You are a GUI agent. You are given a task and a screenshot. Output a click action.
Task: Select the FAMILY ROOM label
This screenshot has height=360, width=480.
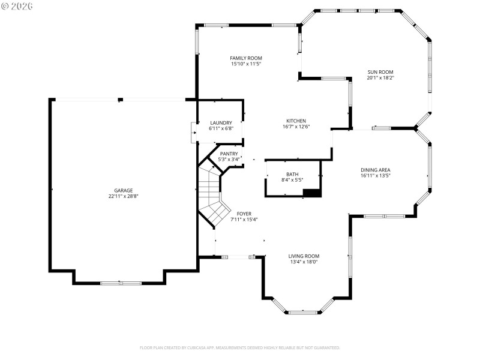(x=246, y=58)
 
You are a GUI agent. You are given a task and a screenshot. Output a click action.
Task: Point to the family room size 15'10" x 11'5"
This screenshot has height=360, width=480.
(x=246, y=64)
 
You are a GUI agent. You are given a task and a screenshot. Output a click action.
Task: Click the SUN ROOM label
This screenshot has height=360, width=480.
(x=380, y=71)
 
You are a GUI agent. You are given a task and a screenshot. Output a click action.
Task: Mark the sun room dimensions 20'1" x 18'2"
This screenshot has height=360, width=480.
(x=380, y=77)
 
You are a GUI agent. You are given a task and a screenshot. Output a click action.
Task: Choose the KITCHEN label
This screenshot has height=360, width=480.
(x=296, y=121)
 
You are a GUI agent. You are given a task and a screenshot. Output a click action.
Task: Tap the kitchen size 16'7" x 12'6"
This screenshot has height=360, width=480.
(x=296, y=127)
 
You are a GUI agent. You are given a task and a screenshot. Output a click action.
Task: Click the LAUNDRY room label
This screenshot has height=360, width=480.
(x=221, y=122)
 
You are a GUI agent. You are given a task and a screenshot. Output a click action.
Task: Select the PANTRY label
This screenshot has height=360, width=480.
(x=229, y=154)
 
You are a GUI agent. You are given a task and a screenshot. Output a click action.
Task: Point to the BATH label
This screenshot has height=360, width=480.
(x=292, y=174)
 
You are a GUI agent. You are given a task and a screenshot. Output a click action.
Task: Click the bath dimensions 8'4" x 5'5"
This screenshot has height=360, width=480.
(x=292, y=180)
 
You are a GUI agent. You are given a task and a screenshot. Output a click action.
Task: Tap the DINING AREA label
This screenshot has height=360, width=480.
(x=376, y=170)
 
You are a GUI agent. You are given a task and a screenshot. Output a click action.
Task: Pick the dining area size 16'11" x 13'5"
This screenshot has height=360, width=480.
(x=376, y=176)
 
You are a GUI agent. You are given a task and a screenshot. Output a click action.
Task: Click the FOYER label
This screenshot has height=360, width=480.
(x=244, y=214)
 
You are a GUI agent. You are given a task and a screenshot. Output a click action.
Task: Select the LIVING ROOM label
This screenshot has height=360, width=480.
(x=304, y=256)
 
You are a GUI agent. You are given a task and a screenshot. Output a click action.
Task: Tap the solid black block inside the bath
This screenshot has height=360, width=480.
(x=312, y=193)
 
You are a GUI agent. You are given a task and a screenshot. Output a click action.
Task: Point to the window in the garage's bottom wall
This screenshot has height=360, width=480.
(x=120, y=283)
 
